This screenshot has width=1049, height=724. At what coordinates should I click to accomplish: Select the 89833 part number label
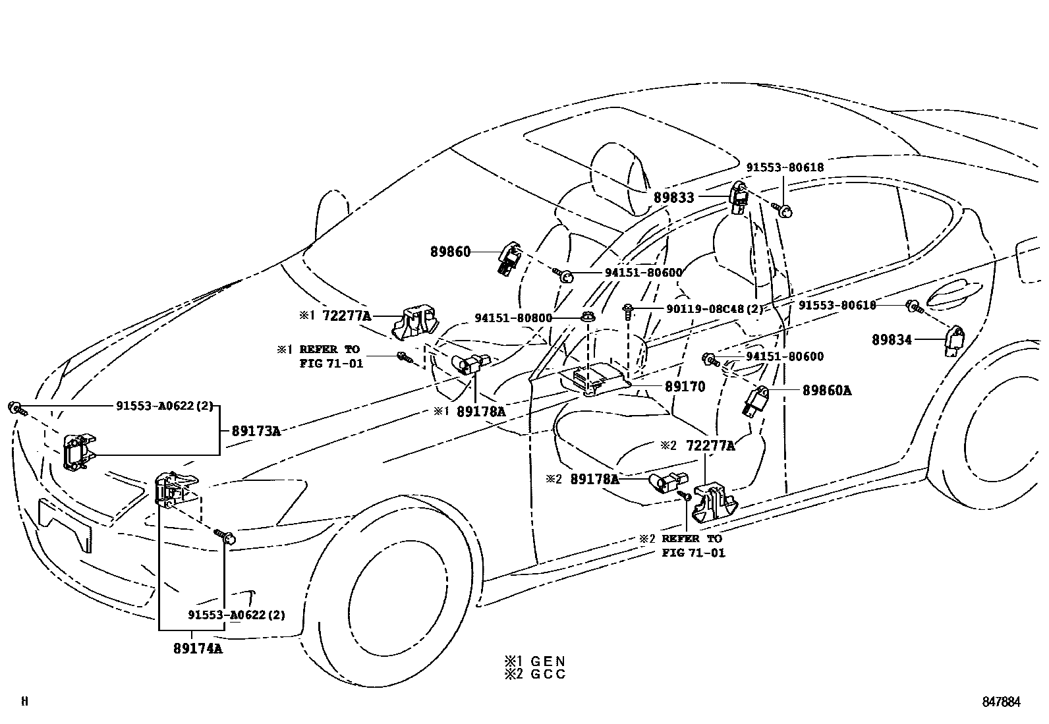coord(673,197)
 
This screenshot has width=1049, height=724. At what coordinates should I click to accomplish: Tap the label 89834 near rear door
coord(892,340)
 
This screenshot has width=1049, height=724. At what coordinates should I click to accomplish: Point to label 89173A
coord(256,432)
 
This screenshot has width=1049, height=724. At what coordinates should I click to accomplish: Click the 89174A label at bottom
coord(198,648)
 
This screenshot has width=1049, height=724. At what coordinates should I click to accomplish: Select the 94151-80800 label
coord(513,318)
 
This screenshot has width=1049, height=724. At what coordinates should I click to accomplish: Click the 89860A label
coord(826,391)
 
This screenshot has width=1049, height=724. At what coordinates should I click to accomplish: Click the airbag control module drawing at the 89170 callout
coord(593,380)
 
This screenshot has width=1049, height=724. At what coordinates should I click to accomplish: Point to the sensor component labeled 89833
coord(739,198)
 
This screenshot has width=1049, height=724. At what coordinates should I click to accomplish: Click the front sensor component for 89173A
coord(78,453)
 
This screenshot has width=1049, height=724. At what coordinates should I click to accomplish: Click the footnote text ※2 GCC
coord(535,675)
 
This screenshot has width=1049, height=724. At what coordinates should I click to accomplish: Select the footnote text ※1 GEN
coord(535,661)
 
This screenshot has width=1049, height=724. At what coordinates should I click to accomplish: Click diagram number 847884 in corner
coord(1000,702)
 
